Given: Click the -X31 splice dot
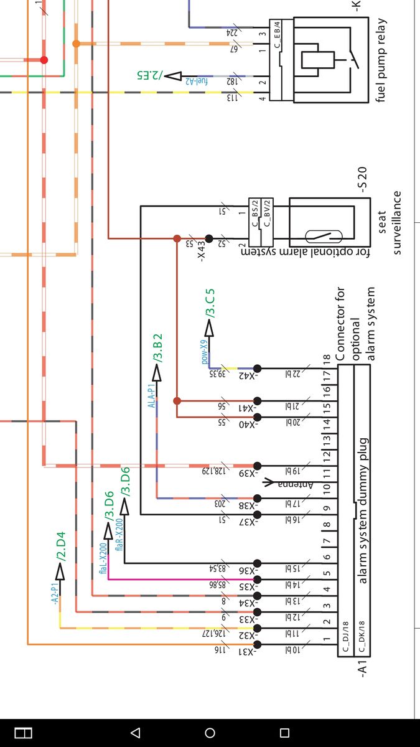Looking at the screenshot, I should click(257, 644).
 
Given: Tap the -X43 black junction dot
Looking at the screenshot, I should click(209, 238).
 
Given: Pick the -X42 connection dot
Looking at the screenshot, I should click(257, 369).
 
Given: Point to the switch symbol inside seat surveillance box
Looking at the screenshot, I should click(324, 237).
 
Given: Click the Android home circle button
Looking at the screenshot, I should click(210, 733).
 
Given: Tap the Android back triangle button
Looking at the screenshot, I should click(135, 733).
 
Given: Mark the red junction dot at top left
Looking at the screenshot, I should click(44, 60).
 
